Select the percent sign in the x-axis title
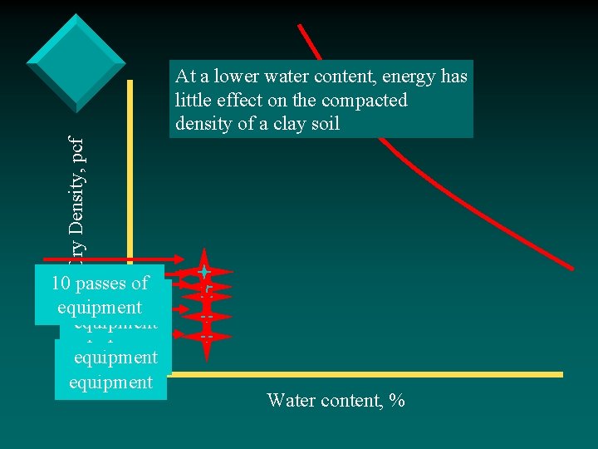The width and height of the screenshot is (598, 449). coord(398,401)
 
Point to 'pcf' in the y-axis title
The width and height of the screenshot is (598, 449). coord(76,130)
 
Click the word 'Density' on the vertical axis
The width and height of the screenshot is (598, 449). coord(76,190)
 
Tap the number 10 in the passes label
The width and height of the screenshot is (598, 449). coord(60,284)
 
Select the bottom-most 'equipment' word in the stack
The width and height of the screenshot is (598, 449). coord(110,382)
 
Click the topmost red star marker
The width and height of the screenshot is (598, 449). coord(203,271)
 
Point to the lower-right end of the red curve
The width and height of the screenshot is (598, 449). coord(571,268)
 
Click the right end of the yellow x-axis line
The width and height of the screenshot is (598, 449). coord(561,375)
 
